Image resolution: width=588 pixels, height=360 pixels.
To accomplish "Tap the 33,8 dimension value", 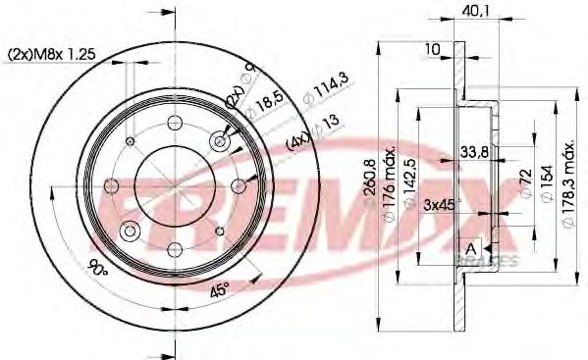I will coord(474,151).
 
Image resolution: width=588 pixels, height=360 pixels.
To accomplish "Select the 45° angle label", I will coord(221,291).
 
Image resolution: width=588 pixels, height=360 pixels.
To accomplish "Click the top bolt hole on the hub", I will coord(175,124).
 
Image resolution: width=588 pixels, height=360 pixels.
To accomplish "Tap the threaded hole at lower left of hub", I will coord(130,231).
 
